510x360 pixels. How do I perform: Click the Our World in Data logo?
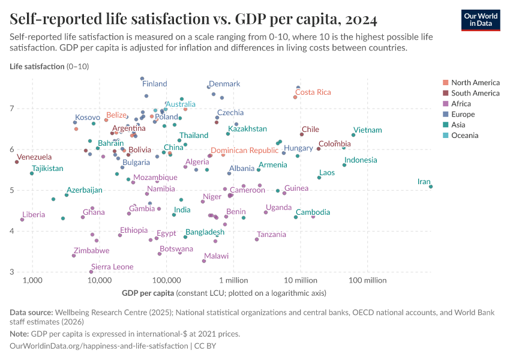[480, 19]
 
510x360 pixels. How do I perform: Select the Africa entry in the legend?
[462, 104]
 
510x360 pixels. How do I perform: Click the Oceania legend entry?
[465, 136]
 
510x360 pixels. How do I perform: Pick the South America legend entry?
[475, 93]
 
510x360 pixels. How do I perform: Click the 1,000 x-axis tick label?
[32, 280]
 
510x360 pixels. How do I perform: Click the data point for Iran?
[431, 187]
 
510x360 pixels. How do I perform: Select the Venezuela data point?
[17, 162]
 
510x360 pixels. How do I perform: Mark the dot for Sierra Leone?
[91, 272]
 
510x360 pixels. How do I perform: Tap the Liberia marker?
[22, 220]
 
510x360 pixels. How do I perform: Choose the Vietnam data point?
[353, 135]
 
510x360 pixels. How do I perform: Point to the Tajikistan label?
[47, 169]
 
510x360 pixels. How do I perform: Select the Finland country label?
[154, 84]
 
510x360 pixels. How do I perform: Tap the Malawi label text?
[216, 256]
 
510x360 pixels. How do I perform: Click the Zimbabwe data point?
[74, 256]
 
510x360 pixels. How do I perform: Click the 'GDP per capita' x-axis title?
[148, 293]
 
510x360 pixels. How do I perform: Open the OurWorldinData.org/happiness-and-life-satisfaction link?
[99, 346]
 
